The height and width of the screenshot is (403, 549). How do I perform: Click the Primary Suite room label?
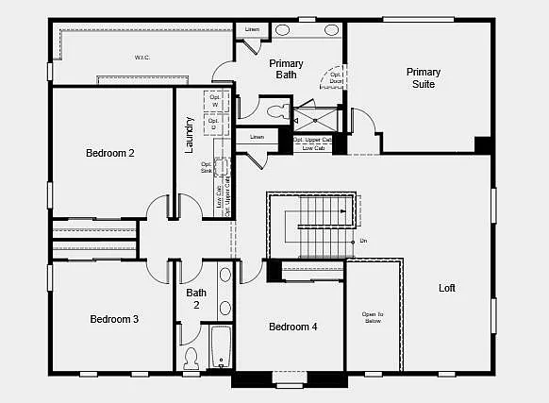423,77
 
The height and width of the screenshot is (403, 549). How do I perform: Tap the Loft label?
446,288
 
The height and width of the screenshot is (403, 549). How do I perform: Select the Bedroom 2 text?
110,153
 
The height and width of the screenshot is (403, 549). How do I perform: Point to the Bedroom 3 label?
114,319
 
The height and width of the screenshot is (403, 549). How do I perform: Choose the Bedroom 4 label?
292,327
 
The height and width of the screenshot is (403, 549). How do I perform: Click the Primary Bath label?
286,69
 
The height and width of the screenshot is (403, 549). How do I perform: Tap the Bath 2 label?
196,298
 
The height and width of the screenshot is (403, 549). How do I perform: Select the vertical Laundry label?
190,135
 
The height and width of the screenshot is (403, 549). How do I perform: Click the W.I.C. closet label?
142,58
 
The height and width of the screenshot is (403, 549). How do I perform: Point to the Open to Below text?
373,317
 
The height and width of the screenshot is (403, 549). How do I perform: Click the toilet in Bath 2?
191,358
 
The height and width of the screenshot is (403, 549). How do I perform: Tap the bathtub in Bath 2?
221,346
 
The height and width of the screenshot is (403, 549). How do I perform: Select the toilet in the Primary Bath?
276,111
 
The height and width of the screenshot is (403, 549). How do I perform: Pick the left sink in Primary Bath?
283,29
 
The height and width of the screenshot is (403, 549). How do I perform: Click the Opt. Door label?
337,77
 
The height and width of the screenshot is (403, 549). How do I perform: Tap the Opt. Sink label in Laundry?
207,167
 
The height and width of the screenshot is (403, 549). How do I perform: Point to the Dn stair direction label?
363,242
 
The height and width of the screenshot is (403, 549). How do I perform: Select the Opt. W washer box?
213,101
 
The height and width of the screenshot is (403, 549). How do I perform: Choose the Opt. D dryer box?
213,122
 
